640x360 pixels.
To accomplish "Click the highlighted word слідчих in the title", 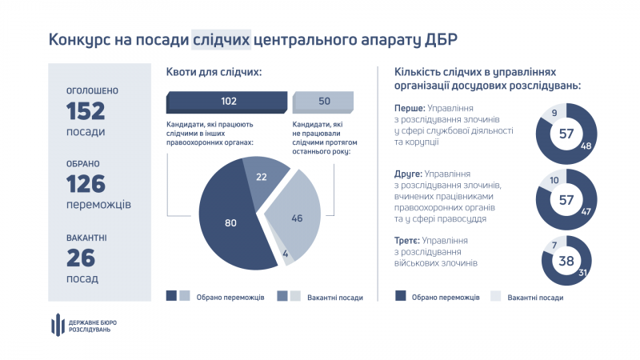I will [x=222, y=39].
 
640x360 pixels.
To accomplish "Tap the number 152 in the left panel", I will [x=86, y=110].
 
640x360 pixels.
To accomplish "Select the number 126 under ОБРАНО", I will [x=86, y=184].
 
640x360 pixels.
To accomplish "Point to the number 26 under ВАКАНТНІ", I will [x=81, y=258].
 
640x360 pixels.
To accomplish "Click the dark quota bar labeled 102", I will [x=228, y=102].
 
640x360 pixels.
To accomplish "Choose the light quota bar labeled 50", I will [x=324, y=102].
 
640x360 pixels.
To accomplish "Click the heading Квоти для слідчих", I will [x=214, y=73].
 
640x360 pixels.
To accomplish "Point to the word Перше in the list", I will [x=410, y=107].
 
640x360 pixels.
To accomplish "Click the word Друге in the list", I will [x=409, y=174].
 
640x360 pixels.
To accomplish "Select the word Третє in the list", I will [x=409, y=240].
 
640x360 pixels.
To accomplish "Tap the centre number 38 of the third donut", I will [x=566, y=261].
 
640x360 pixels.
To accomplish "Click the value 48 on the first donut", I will [x=586, y=146].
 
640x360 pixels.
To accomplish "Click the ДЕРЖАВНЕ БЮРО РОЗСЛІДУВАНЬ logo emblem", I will [x=57, y=325].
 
